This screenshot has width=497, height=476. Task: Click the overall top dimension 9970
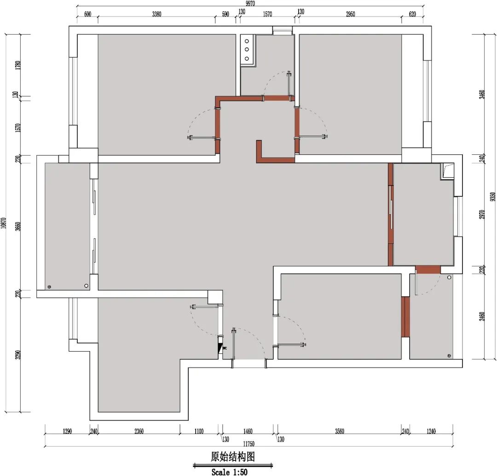pyautogui.click(x=250, y=3)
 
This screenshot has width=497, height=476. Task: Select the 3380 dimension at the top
pyautogui.click(x=156, y=14)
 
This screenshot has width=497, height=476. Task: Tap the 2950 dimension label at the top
pyautogui.click(x=350, y=14)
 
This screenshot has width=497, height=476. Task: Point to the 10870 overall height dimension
pyautogui.click(x=4, y=223)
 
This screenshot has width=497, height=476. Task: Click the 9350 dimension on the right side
pyautogui.click(x=492, y=197)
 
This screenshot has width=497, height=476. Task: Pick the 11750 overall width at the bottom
pyautogui.click(x=249, y=444)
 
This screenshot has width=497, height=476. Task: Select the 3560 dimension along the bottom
pyautogui.click(x=339, y=431)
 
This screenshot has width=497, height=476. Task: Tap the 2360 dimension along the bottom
pyautogui.click(x=139, y=431)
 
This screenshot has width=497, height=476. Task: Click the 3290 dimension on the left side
pyautogui.click(x=18, y=355)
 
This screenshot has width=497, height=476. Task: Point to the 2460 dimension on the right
pyautogui.click(x=482, y=317)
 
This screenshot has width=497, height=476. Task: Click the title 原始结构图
pyautogui.click(x=233, y=456)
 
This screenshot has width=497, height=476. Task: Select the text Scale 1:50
pyautogui.click(x=230, y=472)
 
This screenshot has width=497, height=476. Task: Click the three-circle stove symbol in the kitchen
pyautogui.click(x=247, y=50)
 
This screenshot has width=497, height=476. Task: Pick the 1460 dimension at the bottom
pyautogui.click(x=248, y=431)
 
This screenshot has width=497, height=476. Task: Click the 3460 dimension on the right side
pyautogui.click(x=482, y=94)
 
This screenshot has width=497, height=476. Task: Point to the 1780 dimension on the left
pyautogui.click(x=18, y=65)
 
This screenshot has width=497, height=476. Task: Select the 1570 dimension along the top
pyautogui.click(x=267, y=14)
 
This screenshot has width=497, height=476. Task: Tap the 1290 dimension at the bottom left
pyautogui.click(x=67, y=431)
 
